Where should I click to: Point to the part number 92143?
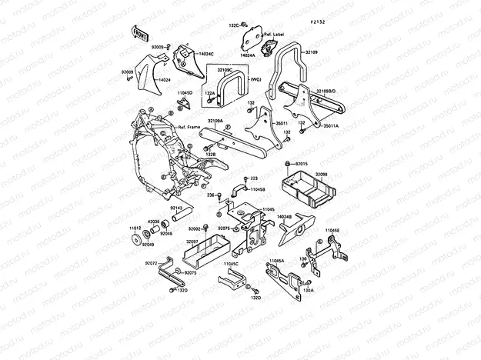click(x=176, y=208)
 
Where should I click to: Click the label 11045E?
click(x=332, y=230)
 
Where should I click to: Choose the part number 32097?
click(x=193, y=241)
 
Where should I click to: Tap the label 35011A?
click(x=331, y=125)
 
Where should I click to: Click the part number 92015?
click(x=301, y=164)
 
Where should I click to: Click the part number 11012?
click(x=134, y=228)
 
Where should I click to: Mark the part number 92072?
click(x=150, y=263)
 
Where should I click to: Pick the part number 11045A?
click(x=276, y=261)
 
